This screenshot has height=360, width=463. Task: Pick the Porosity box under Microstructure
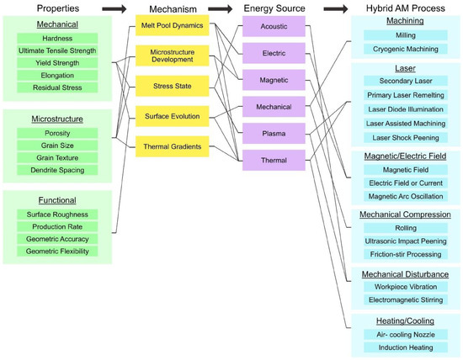[x=51, y=133]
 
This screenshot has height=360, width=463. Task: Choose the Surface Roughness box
[x=51, y=214]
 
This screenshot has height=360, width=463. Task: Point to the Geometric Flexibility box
[x=51, y=251]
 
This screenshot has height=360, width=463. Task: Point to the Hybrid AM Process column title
[x=403, y=8]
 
